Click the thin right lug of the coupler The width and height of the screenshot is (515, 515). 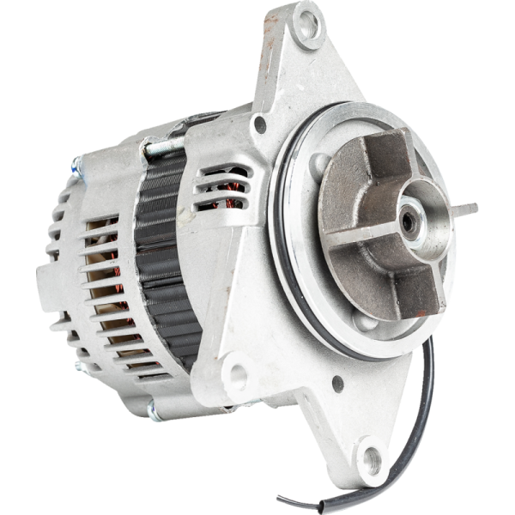coord(463,209)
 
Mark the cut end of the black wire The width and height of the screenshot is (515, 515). coord(280,499)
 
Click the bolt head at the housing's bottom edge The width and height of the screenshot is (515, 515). coord(154,411)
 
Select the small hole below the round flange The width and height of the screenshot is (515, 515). coord(338,381)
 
